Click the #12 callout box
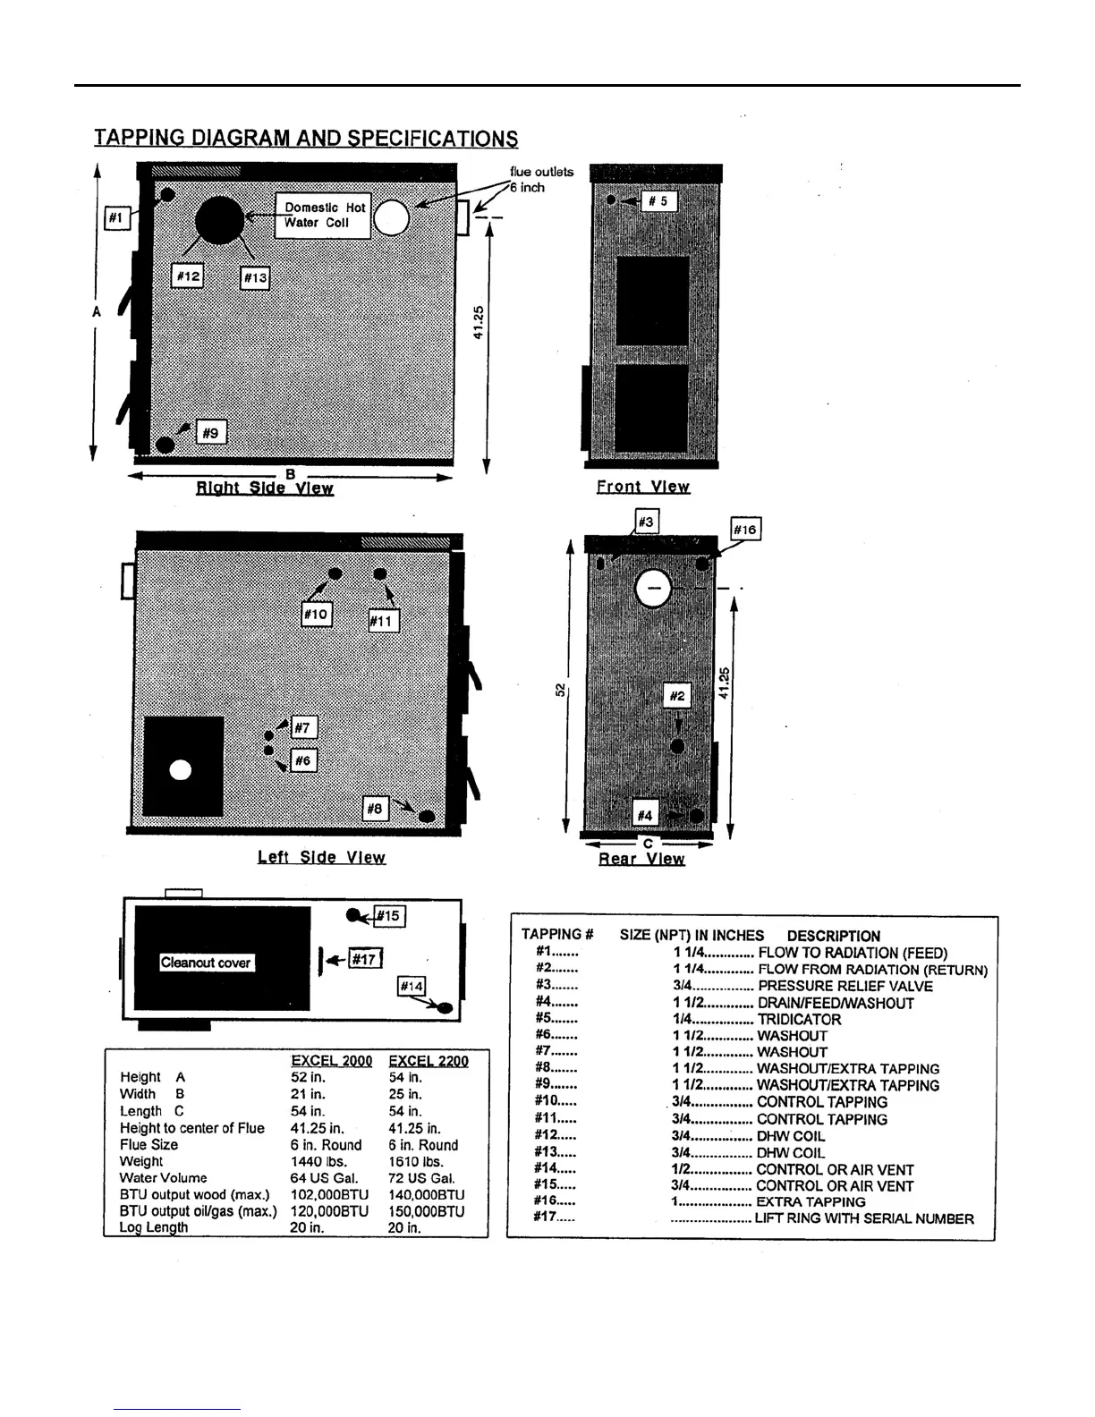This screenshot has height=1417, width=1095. click(x=187, y=276)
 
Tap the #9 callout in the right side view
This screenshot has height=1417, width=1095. click(x=210, y=433)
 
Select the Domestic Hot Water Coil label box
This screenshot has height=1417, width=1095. click(x=323, y=216)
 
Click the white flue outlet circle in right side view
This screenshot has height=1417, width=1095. click(x=391, y=217)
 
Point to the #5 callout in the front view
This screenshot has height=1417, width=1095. click(x=663, y=201)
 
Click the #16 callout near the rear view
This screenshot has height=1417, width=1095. click(x=745, y=530)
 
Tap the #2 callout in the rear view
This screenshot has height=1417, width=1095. click(x=677, y=696)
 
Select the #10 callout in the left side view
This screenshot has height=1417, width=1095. click(x=317, y=614)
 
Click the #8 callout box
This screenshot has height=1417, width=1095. click(x=375, y=809)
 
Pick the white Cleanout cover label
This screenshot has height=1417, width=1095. click(x=206, y=963)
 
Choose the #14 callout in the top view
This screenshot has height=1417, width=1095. click(x=411, y=986)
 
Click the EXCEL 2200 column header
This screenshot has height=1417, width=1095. click(x=429, y=1061)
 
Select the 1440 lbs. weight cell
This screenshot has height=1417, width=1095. click(x=318, y=1161)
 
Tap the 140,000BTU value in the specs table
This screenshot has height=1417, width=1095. click(x=426, y=1195)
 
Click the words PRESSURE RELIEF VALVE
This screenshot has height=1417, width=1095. click(x=845, y=986)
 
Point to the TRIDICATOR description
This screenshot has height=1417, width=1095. click(x=799, y=1019)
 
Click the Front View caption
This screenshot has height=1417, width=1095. click(x=643, y=487)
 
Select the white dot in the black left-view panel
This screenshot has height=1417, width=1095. click(x=181, y=769)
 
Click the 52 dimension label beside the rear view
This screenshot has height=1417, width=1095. click(x=560, y=689)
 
